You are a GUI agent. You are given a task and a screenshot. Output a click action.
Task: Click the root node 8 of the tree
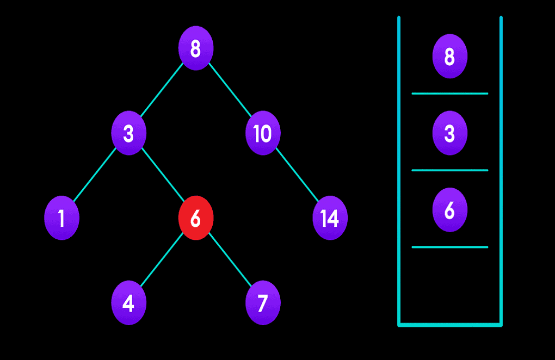tap(195, 48)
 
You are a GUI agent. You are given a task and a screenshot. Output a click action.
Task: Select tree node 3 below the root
tap(128, 133)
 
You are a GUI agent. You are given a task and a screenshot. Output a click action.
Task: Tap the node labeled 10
tap(263, 133)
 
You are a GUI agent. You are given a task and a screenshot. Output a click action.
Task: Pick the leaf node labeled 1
tap(61, 218)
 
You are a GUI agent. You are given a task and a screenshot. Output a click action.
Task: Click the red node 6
tap(195, 218)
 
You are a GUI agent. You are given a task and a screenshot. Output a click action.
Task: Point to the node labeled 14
tap(330, 218)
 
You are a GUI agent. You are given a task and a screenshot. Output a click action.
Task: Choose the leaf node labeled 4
tap(128, 303)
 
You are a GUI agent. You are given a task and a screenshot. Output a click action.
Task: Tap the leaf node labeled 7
tap(263, 303)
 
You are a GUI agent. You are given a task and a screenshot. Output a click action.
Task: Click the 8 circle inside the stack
tap(449, 56)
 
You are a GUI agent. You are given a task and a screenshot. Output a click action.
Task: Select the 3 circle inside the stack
tap(449, 133)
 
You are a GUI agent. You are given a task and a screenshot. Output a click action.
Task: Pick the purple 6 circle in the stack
tap(449, 210)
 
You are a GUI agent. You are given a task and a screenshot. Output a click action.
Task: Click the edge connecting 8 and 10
tap(230, 91)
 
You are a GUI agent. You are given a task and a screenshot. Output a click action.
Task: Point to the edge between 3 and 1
tap(95, 176)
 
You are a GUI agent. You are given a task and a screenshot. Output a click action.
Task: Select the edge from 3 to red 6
tap(162, 176)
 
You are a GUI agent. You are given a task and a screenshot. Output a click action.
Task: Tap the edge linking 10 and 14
tap(297, 176)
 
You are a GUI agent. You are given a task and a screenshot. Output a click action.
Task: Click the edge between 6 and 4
tap(162, 260)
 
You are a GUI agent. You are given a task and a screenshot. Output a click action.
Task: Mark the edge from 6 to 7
tap(229, 260)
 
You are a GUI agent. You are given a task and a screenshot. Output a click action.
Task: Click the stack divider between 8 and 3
tap(449, 94)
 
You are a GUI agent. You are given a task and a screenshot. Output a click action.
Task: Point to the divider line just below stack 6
tap(449, 247)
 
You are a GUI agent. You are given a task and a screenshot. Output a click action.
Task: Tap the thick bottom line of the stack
tap(449, 325)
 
